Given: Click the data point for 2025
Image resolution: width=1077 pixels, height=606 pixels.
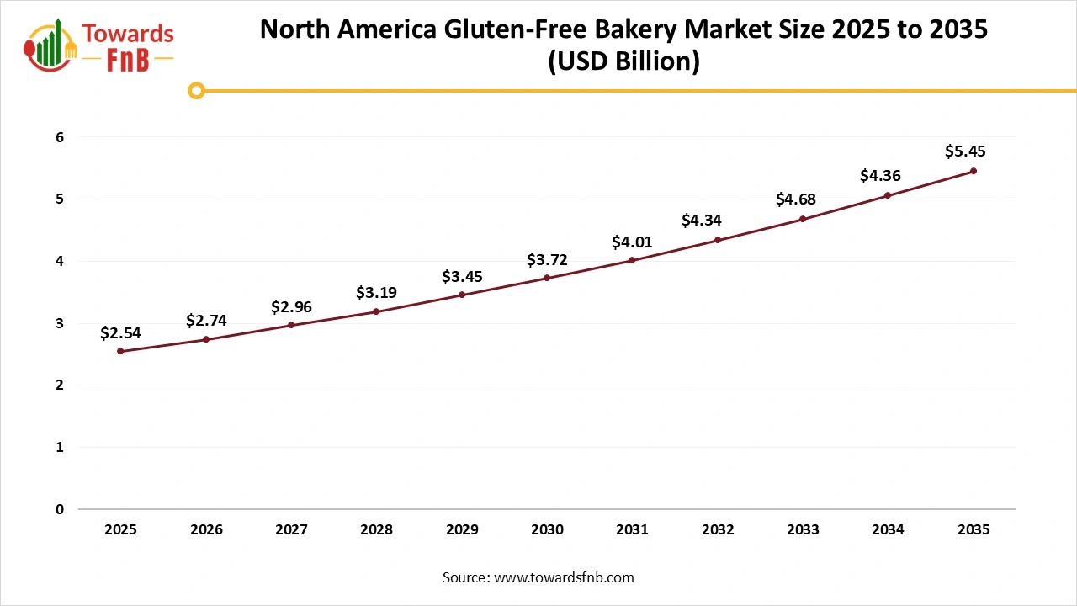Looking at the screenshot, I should click(x=120, y=351).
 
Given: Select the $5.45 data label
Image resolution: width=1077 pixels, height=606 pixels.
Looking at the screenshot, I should click(x=964, y=152).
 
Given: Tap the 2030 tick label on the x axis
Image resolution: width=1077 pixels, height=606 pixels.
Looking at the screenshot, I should click(x=547, y=530).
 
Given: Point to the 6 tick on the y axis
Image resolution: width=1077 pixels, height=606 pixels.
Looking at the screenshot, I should click(x=60, y=137).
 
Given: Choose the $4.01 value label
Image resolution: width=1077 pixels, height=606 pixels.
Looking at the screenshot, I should click(x=631, y=242).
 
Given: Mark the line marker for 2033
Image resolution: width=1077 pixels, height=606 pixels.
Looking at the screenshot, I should click(x=803, y=219).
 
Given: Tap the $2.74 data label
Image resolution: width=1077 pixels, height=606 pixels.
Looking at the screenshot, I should click(x=206, y=321).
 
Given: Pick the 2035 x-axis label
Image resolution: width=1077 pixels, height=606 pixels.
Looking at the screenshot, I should click(x=974, y=530).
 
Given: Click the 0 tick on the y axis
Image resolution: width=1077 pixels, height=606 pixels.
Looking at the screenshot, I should click(x=60, y=509).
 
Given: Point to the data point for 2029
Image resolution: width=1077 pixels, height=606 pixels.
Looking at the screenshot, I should click(x=462, y=295).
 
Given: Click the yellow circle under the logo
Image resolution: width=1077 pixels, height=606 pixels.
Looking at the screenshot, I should click(x=196, y=91).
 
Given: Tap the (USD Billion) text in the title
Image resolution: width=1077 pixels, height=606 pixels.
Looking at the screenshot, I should click(x=623, y=62).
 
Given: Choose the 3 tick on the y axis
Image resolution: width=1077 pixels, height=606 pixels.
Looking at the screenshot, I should click(x=60, y=323).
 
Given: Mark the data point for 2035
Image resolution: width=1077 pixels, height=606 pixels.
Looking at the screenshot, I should click(x=974, y=171).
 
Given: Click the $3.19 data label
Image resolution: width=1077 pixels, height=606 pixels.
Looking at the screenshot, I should click(x=376, y=293).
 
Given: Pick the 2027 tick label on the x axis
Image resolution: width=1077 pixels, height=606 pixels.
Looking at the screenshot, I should click(x=291, y=530).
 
